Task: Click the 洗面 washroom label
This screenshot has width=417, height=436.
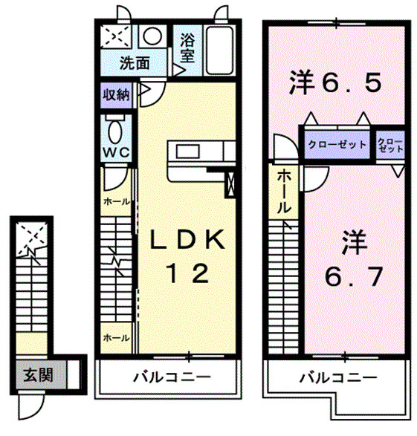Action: tap(135, 64)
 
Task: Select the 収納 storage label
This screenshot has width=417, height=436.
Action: tap(117, 95)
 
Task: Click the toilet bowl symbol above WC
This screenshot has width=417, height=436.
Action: tap(117, 130)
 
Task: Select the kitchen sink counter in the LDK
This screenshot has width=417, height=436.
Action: tap(195, 152)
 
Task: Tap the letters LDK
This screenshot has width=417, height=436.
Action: tap(187, 240)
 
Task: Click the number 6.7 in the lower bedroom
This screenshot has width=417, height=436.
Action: tap(355, 277)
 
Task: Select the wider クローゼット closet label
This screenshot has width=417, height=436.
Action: tap(337, 144)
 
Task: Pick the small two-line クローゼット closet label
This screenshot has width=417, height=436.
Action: tap(390, 144)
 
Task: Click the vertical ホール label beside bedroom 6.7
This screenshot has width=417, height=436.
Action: tap(283, 192)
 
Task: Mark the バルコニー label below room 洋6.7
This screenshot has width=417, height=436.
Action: tap(337, 377)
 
